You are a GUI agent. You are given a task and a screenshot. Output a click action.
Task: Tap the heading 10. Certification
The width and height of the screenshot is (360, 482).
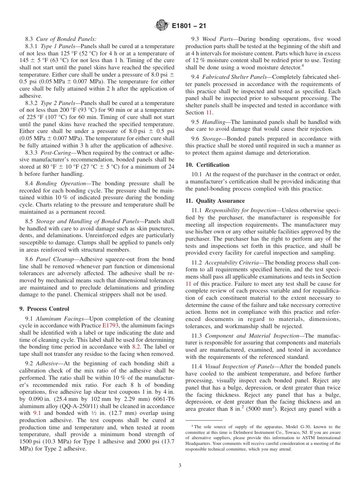tap(207, 165)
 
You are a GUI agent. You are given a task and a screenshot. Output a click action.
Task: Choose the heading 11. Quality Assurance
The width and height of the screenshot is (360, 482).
tap(215, 201)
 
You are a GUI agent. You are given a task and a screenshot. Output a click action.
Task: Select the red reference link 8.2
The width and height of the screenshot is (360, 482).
tap(136, 347)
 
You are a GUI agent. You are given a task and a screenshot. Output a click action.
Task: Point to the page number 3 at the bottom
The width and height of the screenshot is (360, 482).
tap(180, 466)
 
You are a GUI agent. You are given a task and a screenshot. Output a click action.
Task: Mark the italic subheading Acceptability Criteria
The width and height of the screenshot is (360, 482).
tap(232, 262)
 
